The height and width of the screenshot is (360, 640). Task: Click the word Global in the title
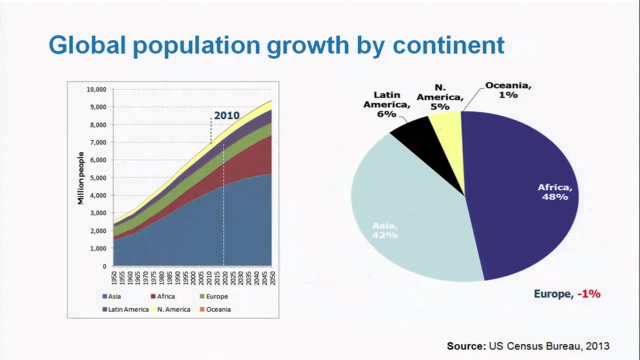click(x=86, y=45)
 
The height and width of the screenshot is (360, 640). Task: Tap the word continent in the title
click(x=448, y=45)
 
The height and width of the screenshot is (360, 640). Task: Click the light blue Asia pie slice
click(x=410, y=220)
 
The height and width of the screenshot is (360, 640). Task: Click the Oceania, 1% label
click(x=508, y=89)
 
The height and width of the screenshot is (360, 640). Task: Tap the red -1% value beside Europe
click(x=588, y=294)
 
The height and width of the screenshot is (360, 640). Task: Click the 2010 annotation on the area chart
click(x=226, y=115)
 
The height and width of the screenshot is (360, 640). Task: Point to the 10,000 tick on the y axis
click(x=96, y=89)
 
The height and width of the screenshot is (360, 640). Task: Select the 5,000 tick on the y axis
click(x=98, y=178)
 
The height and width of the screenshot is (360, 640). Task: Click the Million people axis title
click(x=81, y=178)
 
